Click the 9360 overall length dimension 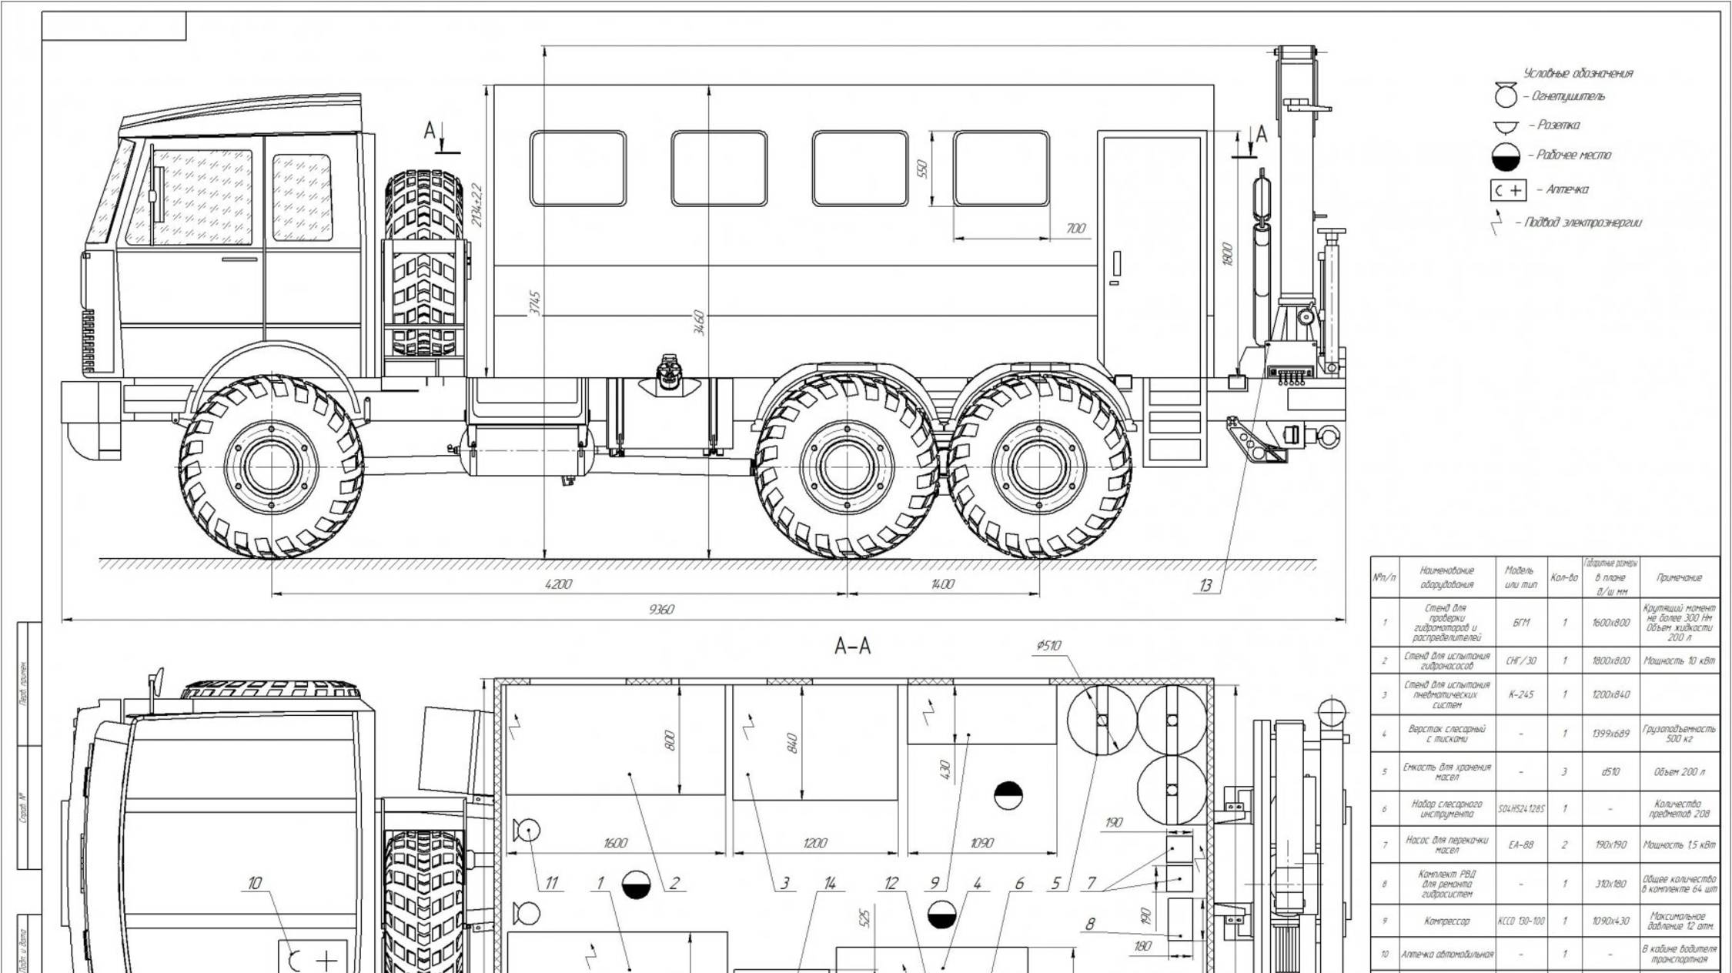click(x=661, y=610)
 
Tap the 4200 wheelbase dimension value click(x=558, y=584)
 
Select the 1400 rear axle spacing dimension click(x=942, y=584)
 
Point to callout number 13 click(x=1205, y=586)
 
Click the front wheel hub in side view click(x=271, y=466)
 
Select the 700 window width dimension click(x=1075, y=229)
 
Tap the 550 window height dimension click(x=923, y=169)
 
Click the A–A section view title click(x=853, y=647)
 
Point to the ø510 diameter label click(x=1048, y=646)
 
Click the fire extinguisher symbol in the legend click(x=1506, y=96)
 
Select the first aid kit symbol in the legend click(x=1508, y=190)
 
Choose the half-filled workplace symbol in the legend click(x=1506, y=156)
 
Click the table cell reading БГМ click(x=1520, y=623)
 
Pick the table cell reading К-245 click(x=1520, y=694)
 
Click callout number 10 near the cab click(x=254, y=883)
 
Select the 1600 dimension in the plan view click(x=615, y=843)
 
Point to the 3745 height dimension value click(x=537, y=303)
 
